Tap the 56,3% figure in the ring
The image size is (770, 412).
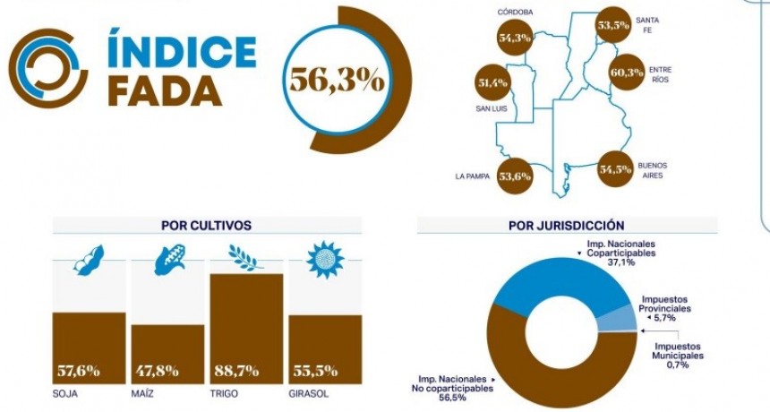pos(336,80)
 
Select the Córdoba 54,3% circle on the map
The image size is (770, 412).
pos(515,38)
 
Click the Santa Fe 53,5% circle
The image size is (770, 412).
pos(613,26)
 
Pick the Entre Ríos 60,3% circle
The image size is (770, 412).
pos(627,73)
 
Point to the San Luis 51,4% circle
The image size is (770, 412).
pos(492,83)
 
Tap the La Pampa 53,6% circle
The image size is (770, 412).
pos(513,176)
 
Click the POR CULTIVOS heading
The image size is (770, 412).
pos(206,226)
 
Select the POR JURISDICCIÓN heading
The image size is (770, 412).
pos(566,226)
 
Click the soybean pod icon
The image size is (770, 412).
pos(90,260)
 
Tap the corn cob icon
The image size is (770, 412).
pos(168,260)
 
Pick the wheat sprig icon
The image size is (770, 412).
pos(245,258)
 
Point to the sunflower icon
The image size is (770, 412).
pos(324,260)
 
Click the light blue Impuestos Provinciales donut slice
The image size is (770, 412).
pos(618,317)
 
